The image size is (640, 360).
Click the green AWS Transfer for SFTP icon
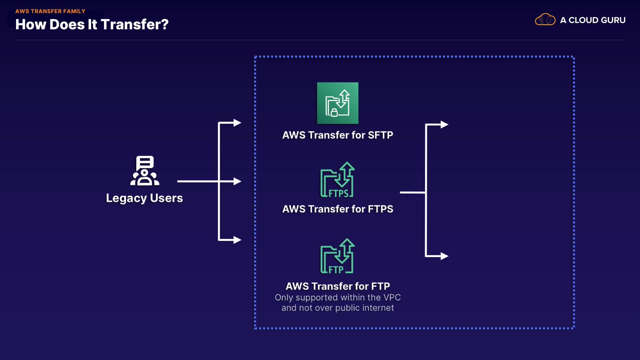pyautogui.click(x=338, y=103)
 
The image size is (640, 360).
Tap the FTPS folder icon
pyautogui.click(x=337, y=180)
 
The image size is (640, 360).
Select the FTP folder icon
pyautogui.click(x=337, y=256)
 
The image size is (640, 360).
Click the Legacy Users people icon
pyautogui.click(x=145, y=171)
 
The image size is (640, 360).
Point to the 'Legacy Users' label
pyautogui.click(x=144, y=198)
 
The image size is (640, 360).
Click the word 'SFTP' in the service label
pyautogui.click(x=380, y=135)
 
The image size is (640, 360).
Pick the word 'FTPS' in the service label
pyautogui.click(x=380, y=209)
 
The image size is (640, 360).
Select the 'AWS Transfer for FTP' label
pyautogui.click(x=338, y=286)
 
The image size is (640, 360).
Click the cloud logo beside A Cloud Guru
pyautogui.click(x=545, y=20)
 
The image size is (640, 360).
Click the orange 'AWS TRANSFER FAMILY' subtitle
pyautogui.click(x=50, y=11)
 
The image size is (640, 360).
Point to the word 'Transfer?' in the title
pyautogui.click(x=135, y=24)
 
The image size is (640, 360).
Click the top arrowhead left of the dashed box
pyautogui.click(x=237, y=123)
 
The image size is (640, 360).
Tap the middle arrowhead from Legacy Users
pyautogui.click(x=237, y=181)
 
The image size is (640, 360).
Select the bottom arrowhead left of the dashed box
pyautogui.click(x=237, y=240)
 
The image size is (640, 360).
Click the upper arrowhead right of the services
pyautogui.click(x=444, y=124)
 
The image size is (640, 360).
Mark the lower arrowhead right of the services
pyautogui.click(x=444, y=256)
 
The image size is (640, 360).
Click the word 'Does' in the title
pyautogui.click(x=67, y=24)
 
